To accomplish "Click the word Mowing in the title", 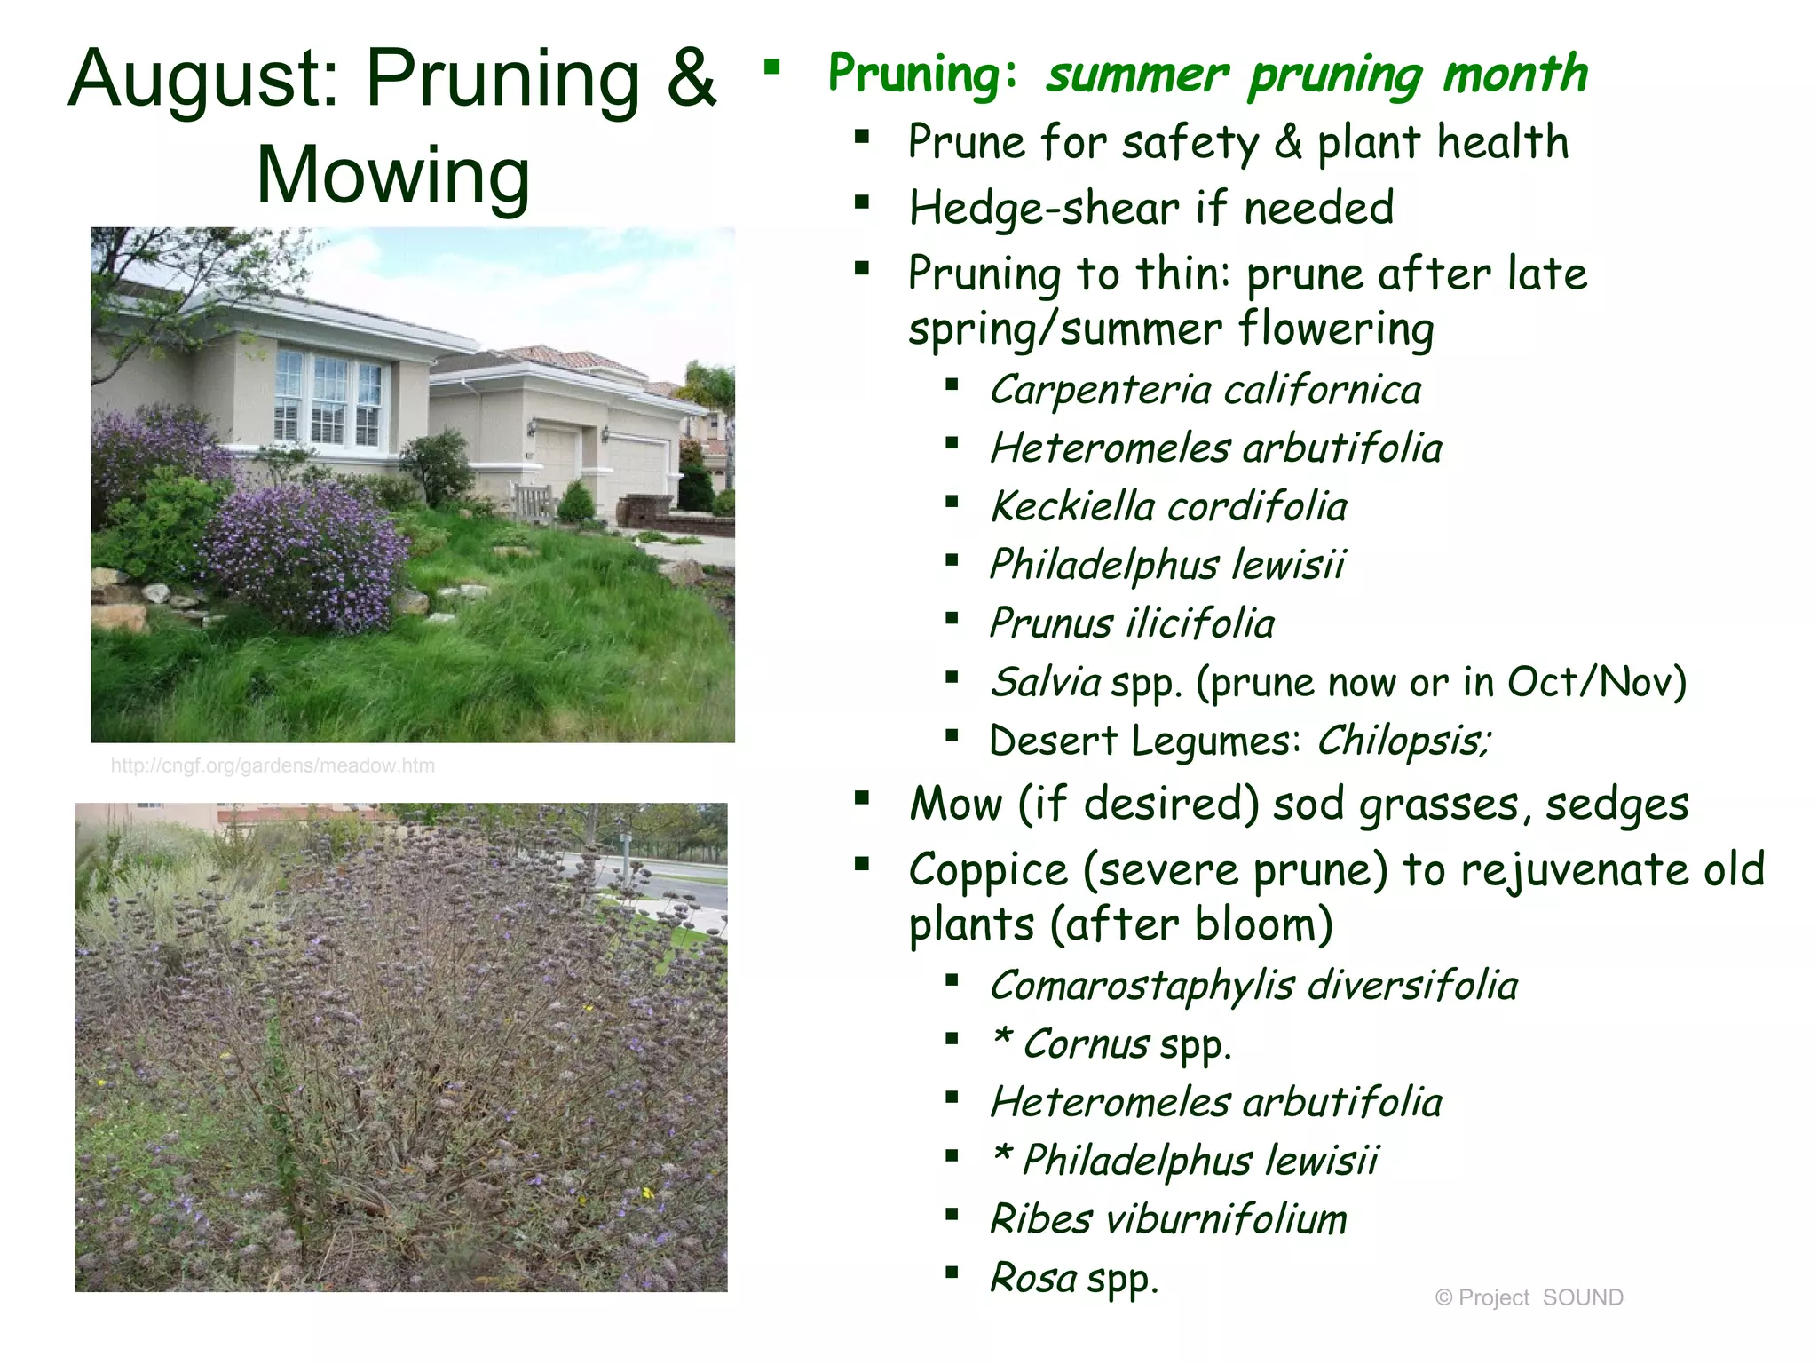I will pos(393,175).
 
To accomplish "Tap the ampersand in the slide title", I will pos(691,78).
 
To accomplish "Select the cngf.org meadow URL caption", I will pos(273,765).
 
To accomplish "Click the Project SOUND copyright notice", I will pos(1529,1297).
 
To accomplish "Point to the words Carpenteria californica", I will pos(1205,390).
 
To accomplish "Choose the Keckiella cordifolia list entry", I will pos(1168,506).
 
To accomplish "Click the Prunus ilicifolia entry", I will pos(1132,623).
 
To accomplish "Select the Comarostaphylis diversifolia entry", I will pos(1253,985).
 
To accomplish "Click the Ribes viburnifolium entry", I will pos(1168,1218).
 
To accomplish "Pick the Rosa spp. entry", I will pos(1074,1278).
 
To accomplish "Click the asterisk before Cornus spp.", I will pos(1002,1037).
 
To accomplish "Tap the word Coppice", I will pos(988,869).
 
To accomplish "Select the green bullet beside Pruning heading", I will pos(771,67).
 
